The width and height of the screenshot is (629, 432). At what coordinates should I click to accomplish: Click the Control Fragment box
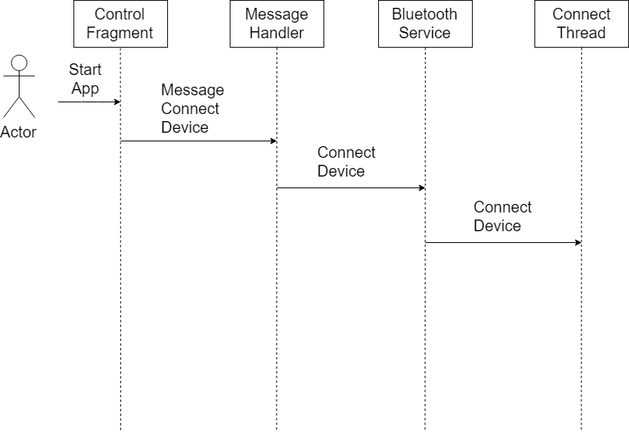[x=120, y=23]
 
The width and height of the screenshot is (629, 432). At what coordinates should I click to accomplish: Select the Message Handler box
[x=277, y=23]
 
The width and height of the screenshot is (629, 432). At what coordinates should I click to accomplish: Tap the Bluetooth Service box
[x=425, y=23]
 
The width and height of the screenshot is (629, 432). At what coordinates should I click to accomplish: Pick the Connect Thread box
[x=581, y=23]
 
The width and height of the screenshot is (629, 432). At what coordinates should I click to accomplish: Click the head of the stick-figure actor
[x=20, y=63]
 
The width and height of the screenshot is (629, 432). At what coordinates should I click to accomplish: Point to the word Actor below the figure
[x=18, y=132]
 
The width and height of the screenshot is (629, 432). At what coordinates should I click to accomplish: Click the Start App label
[x=85, y=79]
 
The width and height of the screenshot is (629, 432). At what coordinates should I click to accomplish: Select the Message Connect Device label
[x=192, y=109]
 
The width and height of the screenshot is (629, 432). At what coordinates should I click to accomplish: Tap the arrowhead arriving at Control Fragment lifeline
[x=117, y=102]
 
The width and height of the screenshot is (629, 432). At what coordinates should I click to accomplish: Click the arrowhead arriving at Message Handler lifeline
[x=273, y=141]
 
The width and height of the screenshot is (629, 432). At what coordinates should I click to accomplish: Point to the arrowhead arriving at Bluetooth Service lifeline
[x=422, y=187]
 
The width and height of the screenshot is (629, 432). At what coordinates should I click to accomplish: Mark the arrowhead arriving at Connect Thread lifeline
[x=578, y=242]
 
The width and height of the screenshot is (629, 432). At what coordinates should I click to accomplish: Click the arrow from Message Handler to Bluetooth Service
[x=351, y=187]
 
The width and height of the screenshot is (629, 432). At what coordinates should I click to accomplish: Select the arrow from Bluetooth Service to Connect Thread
[x=503, y=242]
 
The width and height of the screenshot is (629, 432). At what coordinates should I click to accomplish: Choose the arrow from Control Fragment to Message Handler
[x=198, y=141]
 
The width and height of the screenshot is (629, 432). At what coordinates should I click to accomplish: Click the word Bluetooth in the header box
[x=424, y=14]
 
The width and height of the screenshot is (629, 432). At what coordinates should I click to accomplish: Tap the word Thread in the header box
[x=581, y=33]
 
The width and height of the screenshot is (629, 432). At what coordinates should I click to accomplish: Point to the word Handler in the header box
[x=277, y=33]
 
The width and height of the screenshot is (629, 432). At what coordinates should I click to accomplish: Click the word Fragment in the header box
[x=120, y=33]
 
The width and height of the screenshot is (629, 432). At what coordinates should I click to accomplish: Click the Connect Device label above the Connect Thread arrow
[x=502, y=216]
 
